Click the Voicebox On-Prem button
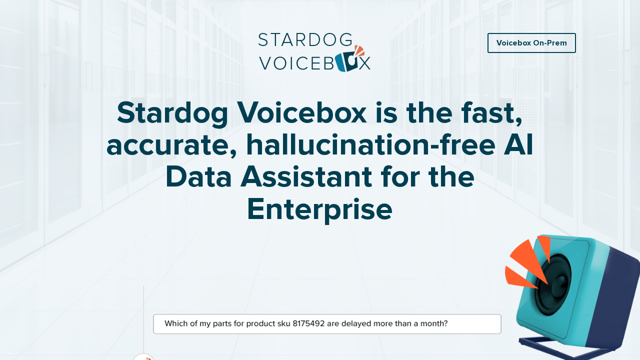tap(531, 43)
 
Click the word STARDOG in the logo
tap(305, 40)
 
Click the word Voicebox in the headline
tap(302, 113)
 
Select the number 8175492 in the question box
tap(308, 323)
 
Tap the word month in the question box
tap(432, 323)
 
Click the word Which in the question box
tap(175, 323)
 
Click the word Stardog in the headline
tap(172, 113)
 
